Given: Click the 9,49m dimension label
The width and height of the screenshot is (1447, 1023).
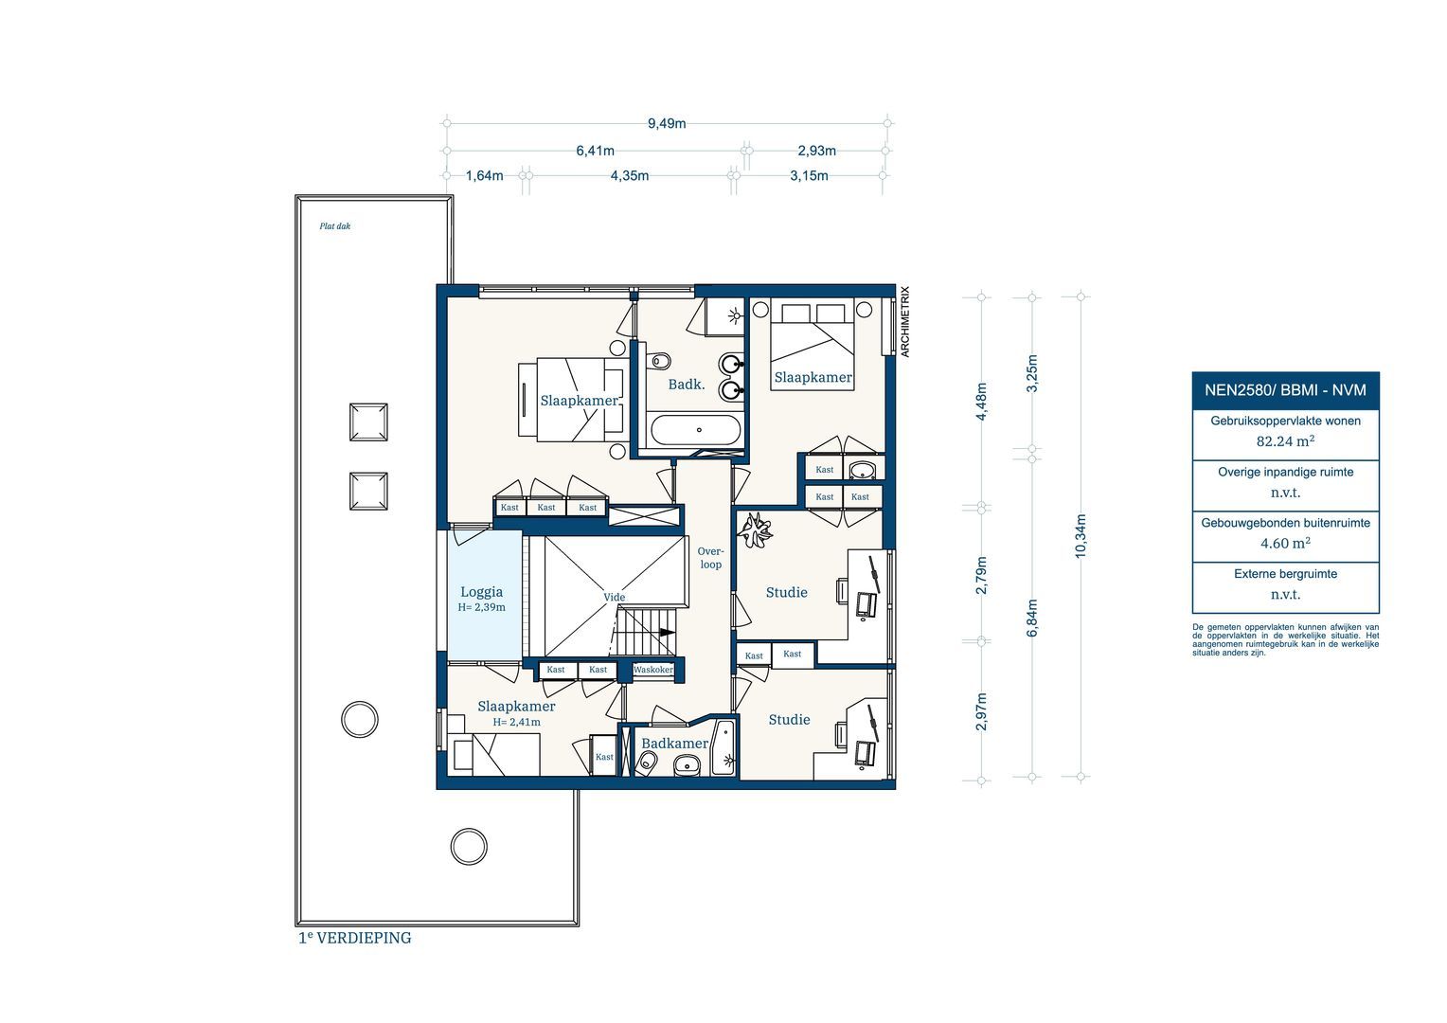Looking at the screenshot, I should [667, 123].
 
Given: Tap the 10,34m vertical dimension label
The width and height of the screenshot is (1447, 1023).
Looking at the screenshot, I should [1081, 536].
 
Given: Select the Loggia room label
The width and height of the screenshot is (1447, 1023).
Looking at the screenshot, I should [481, 592].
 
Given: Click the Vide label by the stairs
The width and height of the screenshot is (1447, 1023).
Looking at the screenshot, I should [615, 597].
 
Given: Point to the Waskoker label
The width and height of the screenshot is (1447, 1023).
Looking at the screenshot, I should [653, 670].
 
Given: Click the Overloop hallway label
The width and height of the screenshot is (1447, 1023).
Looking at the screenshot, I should [710, 558].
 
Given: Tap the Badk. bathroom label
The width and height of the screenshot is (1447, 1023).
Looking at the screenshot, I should [687, 384].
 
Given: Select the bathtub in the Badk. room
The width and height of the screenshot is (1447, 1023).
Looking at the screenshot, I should [695, 431].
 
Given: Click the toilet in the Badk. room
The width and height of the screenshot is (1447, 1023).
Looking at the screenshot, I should [660, 361].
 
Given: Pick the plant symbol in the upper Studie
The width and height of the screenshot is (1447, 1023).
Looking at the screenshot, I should [758, 529].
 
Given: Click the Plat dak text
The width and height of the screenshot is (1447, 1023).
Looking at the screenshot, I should [335, 226].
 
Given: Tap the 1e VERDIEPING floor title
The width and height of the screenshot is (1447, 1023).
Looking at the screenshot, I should [355, 938].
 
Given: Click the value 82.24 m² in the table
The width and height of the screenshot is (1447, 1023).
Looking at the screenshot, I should [1285, 440].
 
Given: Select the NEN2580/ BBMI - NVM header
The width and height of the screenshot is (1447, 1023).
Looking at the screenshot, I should [1285, 389].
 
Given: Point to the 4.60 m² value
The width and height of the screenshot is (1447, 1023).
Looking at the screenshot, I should [1285, 543].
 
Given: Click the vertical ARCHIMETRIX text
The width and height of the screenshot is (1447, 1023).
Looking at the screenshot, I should [904, 322].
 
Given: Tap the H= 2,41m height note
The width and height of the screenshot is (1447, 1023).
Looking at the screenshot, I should [516, 722].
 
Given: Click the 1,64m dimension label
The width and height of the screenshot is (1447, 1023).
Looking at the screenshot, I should [485, 175].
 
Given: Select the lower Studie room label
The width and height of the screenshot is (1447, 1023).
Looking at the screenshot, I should [789, 720].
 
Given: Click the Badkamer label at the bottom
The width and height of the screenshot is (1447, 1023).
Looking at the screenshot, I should [674, 744].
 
